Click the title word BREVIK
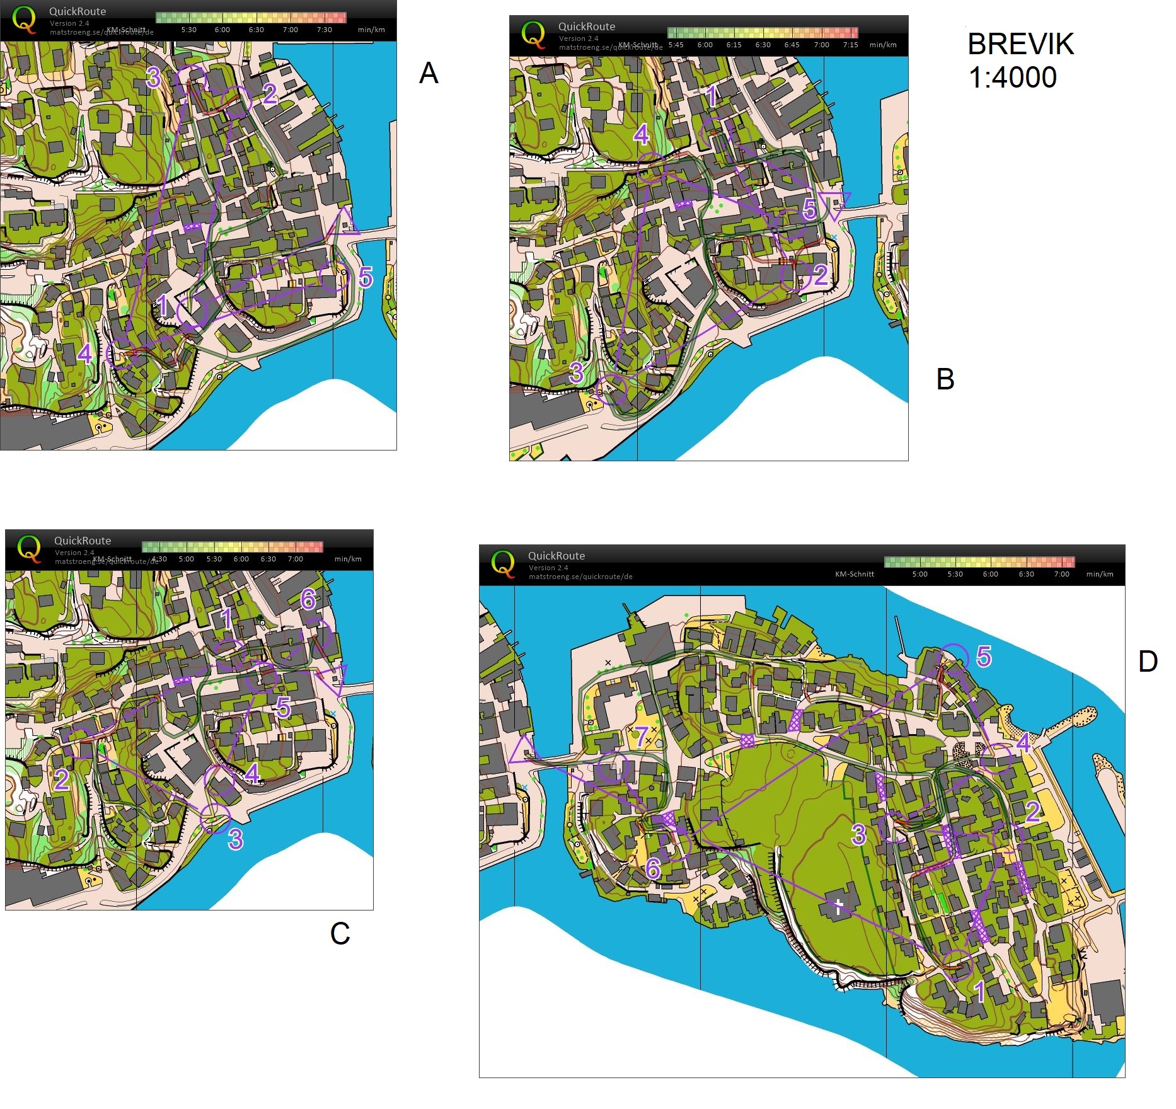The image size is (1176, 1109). pyautogui.click(x=1020, y=44)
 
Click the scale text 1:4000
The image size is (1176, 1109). pyautogui.click(x=1012, y=78)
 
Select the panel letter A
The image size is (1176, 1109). pyautogui.click(x=429, y=73)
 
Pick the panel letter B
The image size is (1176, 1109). pyautogui.click(x=945, y=379)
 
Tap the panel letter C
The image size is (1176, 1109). pyautogui.click(x=340, y=933)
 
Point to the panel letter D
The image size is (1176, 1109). pyautogui.click(x=1148, y=662)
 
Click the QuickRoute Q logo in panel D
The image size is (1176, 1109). pyautogui.click(x=502, y=563)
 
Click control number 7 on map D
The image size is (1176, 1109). pyautogui.click(x=641, y=736)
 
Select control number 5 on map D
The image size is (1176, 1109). pyautogui.click(x=983, y=657)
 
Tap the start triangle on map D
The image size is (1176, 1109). pyautogui.click(x=522, y=751)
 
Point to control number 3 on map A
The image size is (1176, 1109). pyautogui.click(x=153, y=78)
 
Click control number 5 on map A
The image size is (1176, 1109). pyautogui.click(x=366, y=277)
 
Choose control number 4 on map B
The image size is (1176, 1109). pyautogui.click(x=642, y=134)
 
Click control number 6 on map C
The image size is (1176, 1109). pyautogui.click(x=308, y=599)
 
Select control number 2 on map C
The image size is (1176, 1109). pyautogui.click(x=61, y=779)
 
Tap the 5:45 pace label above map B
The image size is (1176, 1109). pyautogui.click(x=676, y=45)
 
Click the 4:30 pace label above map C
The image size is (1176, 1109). pyautogui.click(x=159, y=559)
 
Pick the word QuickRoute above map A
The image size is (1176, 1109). pyautogui.click(x=78, y=11)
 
